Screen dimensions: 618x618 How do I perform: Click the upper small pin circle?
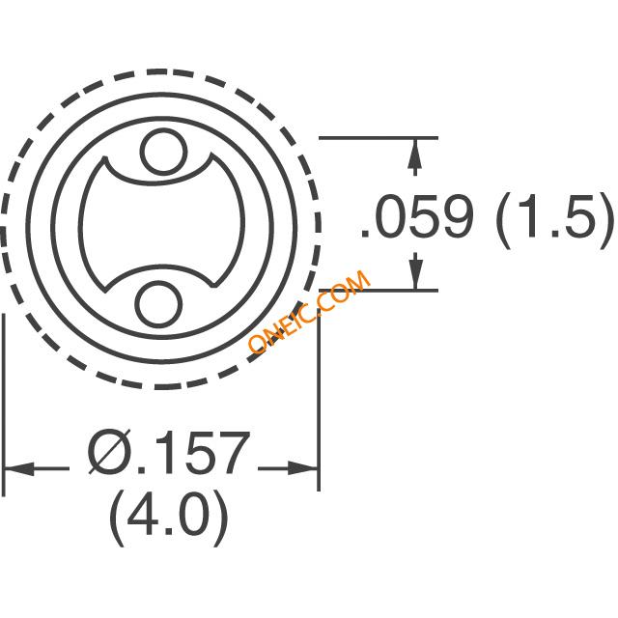tap(163, 152)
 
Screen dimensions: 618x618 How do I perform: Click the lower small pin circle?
tap(158, 304)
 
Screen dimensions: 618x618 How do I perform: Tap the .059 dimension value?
tap(417, 216)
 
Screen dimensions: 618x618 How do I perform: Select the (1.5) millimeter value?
tap(555, 220)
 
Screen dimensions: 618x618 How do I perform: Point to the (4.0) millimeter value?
tap(169, 518)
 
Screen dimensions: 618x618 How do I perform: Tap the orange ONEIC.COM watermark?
tap(309, 312)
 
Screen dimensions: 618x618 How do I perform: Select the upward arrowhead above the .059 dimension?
tap(414, 157)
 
